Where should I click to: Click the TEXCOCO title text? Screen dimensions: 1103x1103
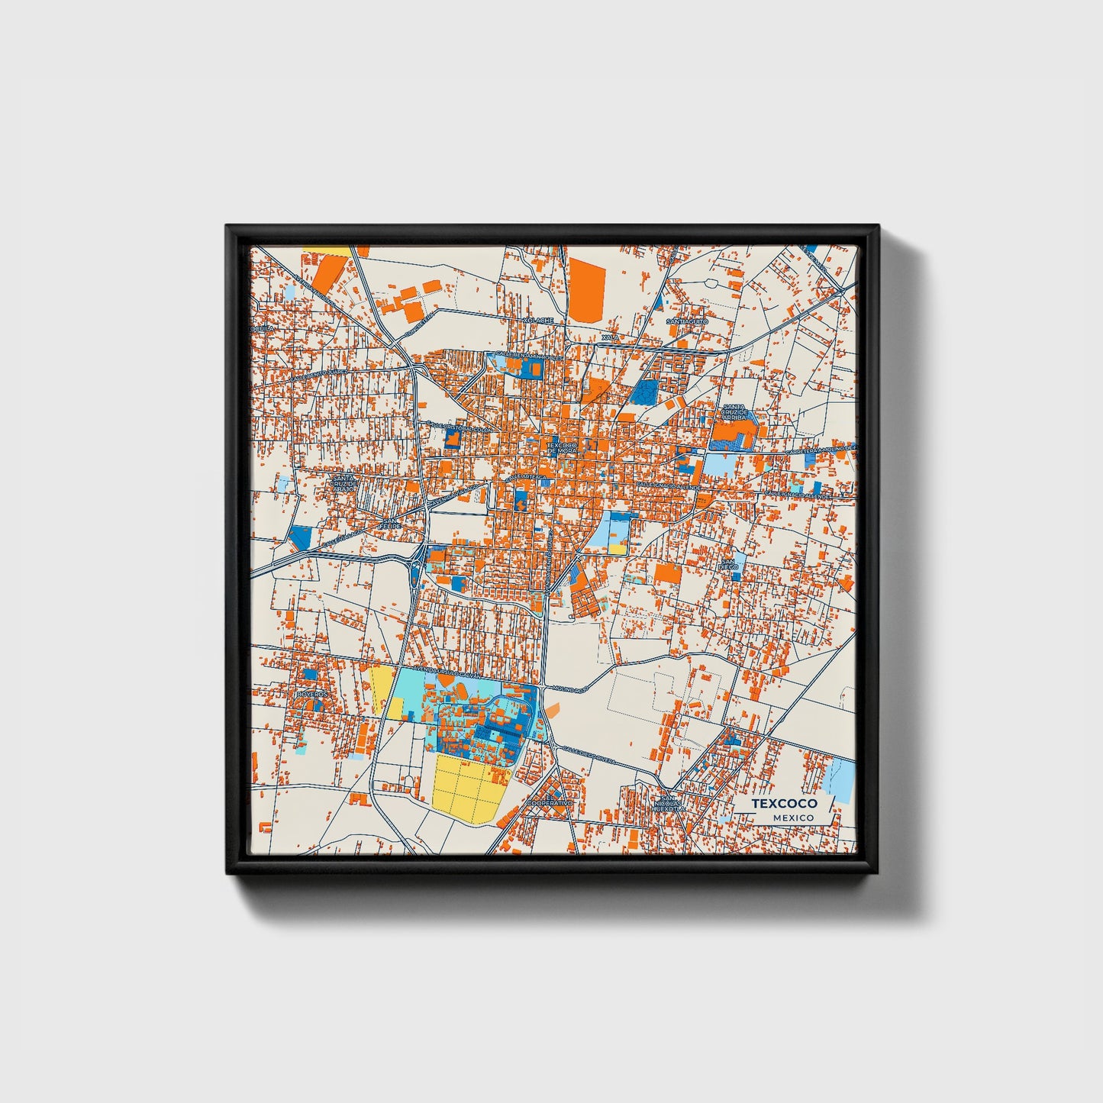[784, 804]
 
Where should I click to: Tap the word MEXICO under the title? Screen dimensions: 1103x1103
[793, 818]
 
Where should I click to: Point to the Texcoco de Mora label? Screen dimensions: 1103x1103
[563, 448]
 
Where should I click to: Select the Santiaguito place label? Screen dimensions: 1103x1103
[687, 322]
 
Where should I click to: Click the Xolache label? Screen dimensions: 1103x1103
[538, 321]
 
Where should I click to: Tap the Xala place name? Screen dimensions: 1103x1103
[610, 337]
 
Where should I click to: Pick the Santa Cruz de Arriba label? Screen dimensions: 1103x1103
[734, 413]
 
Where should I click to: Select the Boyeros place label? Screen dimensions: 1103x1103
[312, 694]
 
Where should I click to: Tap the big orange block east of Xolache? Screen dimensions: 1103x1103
[586, 285]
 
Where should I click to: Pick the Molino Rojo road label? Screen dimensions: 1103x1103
[569, 689]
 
